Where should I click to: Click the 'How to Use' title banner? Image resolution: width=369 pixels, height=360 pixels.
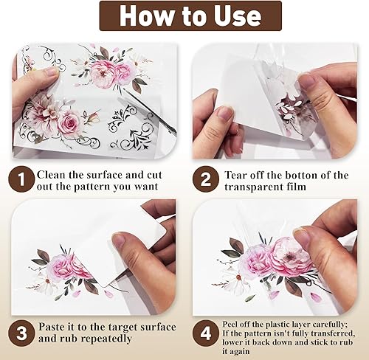190,16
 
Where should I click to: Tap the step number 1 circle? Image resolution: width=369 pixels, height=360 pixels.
21,179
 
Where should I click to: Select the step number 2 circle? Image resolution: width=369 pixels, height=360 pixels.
206,179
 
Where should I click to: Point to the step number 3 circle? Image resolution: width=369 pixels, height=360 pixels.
21,333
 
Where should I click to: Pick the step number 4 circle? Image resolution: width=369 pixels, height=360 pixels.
206,333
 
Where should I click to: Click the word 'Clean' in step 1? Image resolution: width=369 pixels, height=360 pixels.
51,175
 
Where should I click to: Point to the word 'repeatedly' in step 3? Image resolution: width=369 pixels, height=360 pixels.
106,339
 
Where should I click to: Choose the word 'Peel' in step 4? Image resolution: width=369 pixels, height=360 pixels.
229,325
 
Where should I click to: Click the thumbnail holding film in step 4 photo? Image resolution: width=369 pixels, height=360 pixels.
302,236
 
